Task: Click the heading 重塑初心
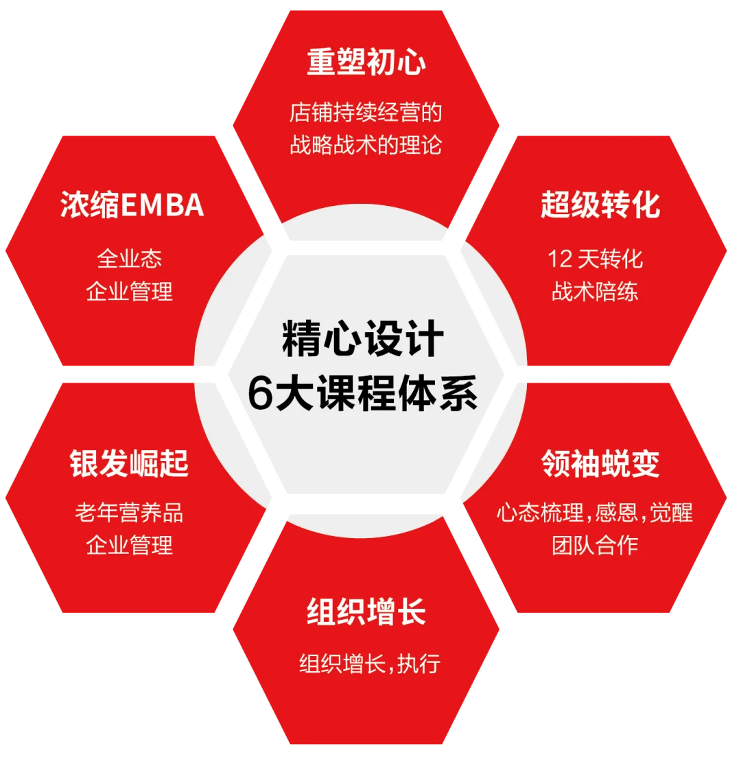(366, 62)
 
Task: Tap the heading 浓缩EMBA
(132, 205)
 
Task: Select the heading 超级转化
(600, 205)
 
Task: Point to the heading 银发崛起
(129, 464)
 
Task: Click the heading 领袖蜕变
(600, 464)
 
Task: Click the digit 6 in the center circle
(261, 395)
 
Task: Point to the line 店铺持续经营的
(366, 113)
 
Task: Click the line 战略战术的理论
(366, 145)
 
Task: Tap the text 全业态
(130, 259)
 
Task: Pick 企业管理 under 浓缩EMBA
(130, 292)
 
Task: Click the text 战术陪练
(595, 292)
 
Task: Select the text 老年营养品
(130, 513)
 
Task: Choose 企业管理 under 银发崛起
(130, 546)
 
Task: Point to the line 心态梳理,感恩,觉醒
(595, 513)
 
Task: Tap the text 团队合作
(595, 546)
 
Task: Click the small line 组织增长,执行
(370, 664)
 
